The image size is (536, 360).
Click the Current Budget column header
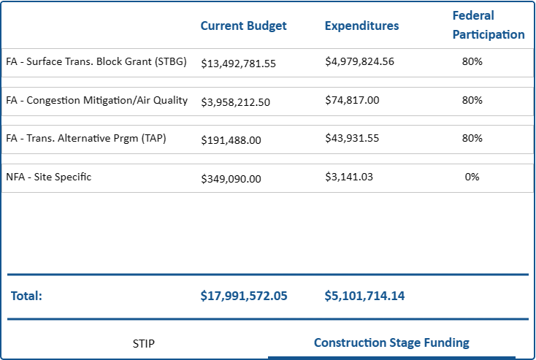click(243, 26)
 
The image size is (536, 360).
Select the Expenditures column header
click(361, 26)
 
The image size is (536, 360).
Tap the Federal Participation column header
click(488, 25)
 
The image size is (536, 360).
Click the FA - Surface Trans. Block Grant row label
click(96, 62)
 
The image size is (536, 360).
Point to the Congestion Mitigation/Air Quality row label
click(96, 100)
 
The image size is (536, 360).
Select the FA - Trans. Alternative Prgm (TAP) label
click(85, 138)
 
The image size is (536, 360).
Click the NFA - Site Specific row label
click(48, 177)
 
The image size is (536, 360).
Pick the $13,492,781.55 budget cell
click(238, 64)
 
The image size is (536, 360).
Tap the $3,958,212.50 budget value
click(235, 102)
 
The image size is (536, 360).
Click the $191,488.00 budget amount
click(231, 140)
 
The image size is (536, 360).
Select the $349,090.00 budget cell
click(231, 178)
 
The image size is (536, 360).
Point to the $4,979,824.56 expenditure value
click(359, 61)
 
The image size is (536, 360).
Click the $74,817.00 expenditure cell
click(352, 100)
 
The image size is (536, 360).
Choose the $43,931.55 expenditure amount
click(352, 138)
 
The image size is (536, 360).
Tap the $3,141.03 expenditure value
click(349, 177)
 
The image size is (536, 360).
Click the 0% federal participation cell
click(472, 177)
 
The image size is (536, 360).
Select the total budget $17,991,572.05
click(244, 296)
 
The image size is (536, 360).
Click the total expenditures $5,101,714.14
click(364, 296)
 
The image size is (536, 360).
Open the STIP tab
click(144, 343)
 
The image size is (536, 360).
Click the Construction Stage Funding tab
click(391, 342)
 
